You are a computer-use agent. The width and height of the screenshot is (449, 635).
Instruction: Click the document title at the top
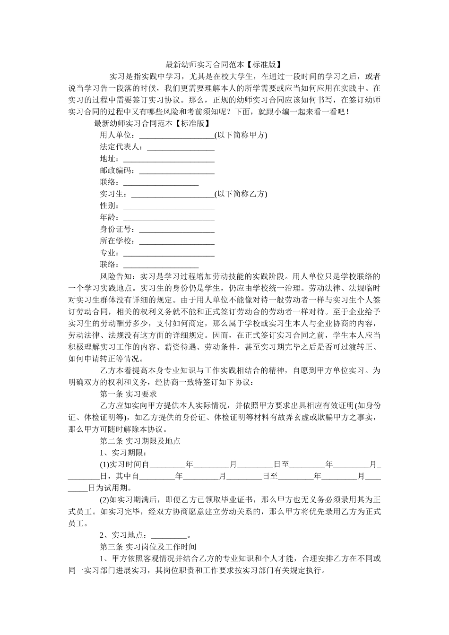pyautogui.click(x=224, y=65)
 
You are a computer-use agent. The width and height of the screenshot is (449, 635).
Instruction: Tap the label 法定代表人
pyautogui.click(x=121, y=147)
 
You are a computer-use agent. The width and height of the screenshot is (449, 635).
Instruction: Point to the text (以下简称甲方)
pyautogui.click(x=241, y=136)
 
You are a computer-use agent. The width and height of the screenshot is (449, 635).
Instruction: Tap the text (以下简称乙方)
pyautogui.click(x=241, y=194)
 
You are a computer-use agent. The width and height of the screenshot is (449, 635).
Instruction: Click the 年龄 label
pyautogui.click(x=109, y=218)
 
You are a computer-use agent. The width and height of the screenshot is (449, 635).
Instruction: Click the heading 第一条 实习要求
pyautogui.click(x=129, y=394)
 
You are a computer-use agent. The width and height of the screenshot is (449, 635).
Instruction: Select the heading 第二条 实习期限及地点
pyautogui.click(x=140, y=441)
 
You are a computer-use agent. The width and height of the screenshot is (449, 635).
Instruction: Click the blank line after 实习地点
pyautogui.click(x=168, y=536)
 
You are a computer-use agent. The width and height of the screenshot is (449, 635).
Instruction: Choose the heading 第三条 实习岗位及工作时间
pyautogui.click(x=144, y=547)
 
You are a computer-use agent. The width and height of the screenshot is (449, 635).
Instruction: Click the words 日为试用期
pyautogui.click(x=110, y=489)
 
